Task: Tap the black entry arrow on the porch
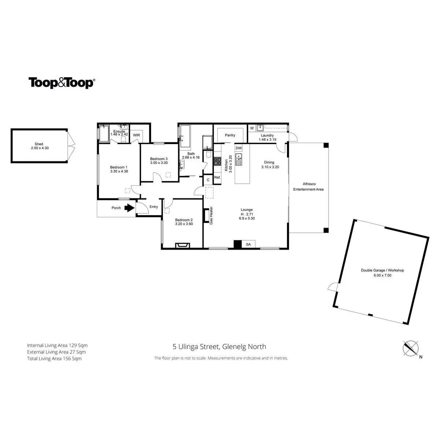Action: tap(129, 208)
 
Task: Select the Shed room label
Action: tap(39, 144)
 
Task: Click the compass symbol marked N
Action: tap(411, 348)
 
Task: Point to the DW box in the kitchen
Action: tap(239, 148)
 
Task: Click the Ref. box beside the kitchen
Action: tap(217, 177)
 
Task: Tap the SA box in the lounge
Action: tap(248, 244)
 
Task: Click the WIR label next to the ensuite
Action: tap(136, 135)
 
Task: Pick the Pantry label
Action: tap(230, 135)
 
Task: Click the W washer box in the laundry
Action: tap(252, 128)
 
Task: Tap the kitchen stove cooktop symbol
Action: tap(217, 162)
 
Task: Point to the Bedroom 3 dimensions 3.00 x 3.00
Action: tap(159, 163)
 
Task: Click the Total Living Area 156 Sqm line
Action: tap(54, 359)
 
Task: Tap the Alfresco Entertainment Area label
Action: tap(308, 187)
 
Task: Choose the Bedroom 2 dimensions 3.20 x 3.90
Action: tap(184, 224)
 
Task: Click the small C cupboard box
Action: tap(208, 180)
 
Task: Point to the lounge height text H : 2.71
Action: tap(247, 214)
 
